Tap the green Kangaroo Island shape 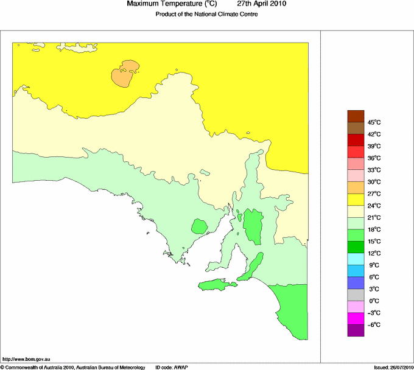pos(216,284)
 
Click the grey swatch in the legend pos(356,295)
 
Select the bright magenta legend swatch pos(356,318)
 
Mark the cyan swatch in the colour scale pos(356,259)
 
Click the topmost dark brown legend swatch pos(356,116)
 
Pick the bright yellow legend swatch pos(356,200)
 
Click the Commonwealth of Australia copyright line pos(73,367)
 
